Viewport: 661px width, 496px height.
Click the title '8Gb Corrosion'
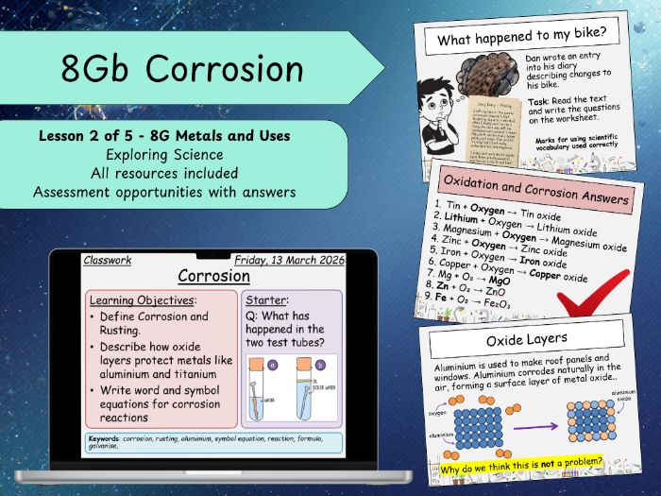[182, 69]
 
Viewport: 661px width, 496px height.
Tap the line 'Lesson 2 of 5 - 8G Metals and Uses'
[163, 137]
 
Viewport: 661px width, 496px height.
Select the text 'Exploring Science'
[163, 155]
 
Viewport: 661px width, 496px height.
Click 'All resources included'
[163, 173]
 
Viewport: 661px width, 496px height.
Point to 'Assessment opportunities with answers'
[163, 192]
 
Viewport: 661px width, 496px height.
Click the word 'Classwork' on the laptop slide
[108, 260]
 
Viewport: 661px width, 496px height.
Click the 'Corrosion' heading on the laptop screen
[214, 276]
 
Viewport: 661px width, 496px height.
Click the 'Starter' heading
[267, 299]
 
